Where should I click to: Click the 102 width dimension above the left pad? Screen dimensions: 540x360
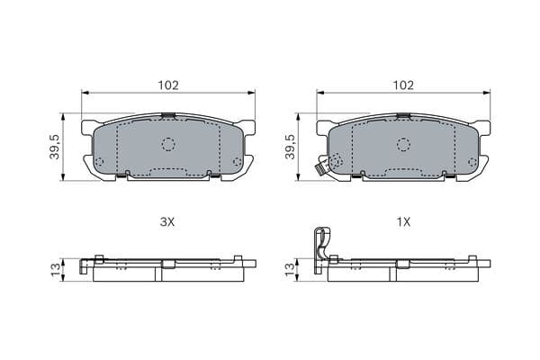pos(168,85)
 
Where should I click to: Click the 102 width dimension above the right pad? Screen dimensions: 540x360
pos(403,85)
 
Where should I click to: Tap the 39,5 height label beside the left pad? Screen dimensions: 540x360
pos(55,147)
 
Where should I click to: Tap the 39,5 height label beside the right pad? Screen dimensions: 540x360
pos(290,147)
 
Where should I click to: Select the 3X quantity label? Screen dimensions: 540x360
pos(167,222)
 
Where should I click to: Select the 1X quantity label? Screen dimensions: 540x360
pos(403,222)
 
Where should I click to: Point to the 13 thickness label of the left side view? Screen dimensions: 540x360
pos(56,270)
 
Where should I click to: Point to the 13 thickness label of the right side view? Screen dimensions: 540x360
pos(291,270)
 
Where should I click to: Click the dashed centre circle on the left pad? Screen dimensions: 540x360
pos(168,144)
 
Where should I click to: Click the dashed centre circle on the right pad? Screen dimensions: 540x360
pos(403,144)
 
